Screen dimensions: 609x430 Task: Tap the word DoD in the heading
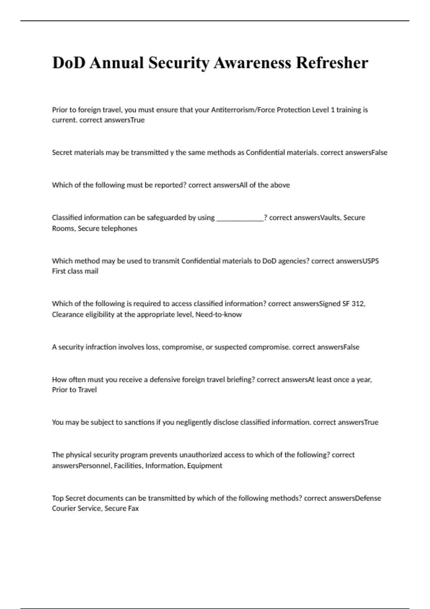click(69, 63)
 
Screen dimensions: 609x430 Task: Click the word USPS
click(371, 261)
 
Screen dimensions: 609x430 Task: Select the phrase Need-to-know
click(219, 315)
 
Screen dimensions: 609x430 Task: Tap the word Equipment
click(205, 466)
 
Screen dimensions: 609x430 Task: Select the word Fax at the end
click(133, 508)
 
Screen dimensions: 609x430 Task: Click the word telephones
click(120, 229)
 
